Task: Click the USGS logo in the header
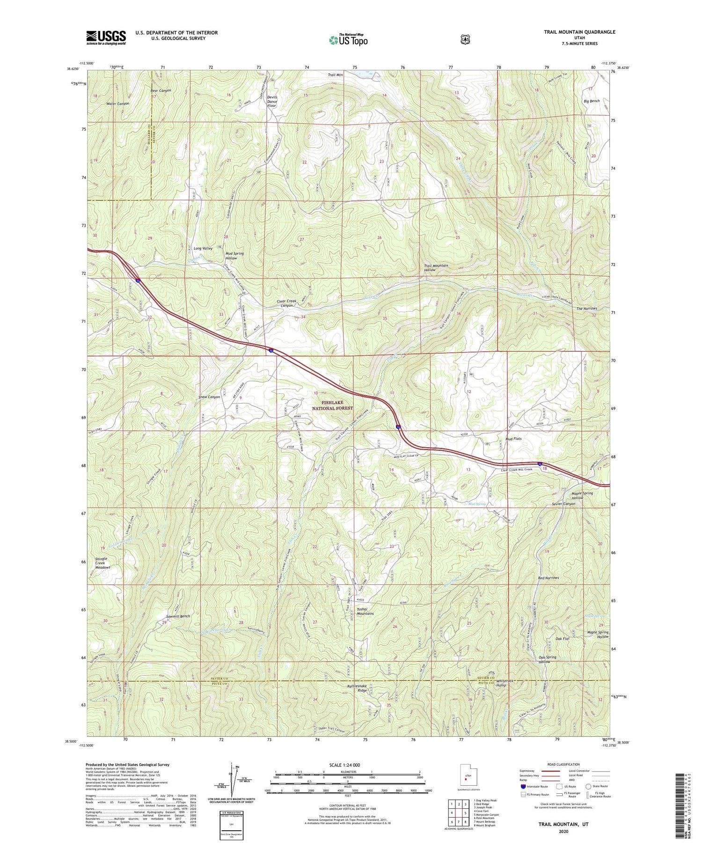(106, 37)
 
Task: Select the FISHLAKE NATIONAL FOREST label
(337, 405)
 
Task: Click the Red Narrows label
(548, 578)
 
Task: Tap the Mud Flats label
(513, 439)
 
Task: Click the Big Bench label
(592, 101)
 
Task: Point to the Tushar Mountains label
(365, 611)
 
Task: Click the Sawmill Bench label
(178, 616)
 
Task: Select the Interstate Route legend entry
(536, 786)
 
